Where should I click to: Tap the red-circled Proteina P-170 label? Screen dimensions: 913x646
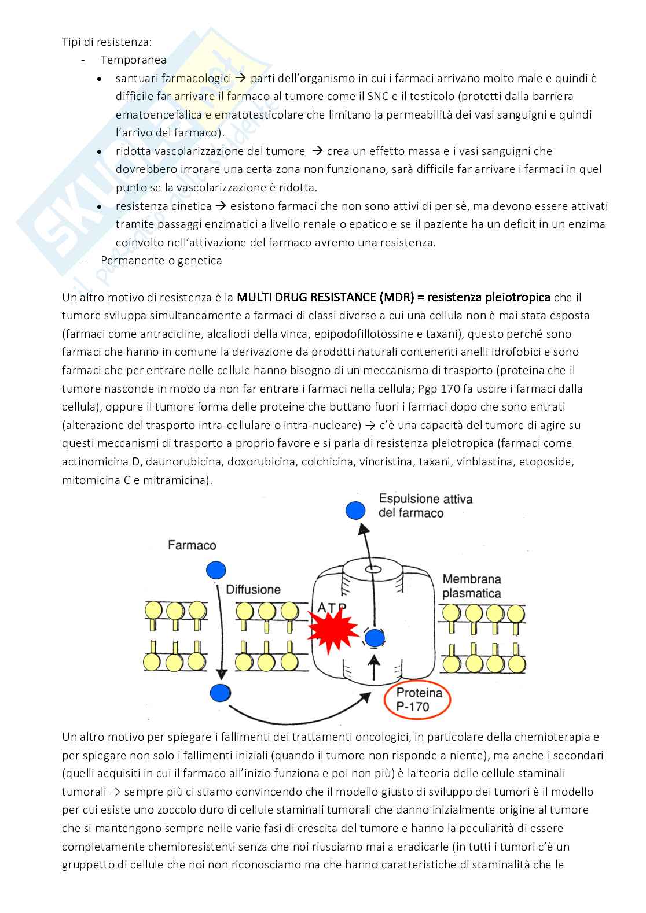tap(419, 699)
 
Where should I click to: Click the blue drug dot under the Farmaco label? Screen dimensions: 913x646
tap(216, 570)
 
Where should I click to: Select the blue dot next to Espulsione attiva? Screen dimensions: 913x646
tap(355, 510)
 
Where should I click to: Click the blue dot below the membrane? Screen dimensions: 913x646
tap(220, 692)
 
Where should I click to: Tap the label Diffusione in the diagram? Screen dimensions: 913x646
tap(253, 589)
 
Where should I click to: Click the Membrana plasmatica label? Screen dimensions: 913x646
tap(471, 586)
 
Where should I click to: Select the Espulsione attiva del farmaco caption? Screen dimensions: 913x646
tap(425, 505)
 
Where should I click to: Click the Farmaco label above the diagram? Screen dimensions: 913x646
tap(192, 545)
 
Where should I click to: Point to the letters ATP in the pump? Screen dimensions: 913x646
tap(332, 608)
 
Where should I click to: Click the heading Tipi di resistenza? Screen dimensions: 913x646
tap(107, 42)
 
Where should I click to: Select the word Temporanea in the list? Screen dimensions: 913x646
tap(133, 60)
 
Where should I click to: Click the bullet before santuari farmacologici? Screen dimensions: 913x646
tap(101, 79)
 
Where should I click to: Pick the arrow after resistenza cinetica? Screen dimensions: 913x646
tap(221, 206)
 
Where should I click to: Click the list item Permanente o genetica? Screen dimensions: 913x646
tap(161, 260)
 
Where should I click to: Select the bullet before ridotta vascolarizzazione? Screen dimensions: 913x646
tap(101, 151)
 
